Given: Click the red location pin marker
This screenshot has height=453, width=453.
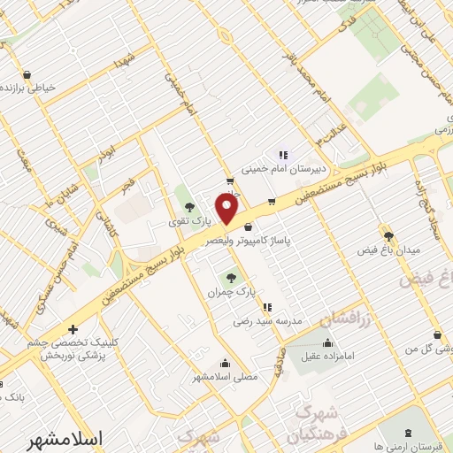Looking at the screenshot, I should coord(227,209).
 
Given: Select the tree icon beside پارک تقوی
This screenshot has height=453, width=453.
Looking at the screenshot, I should coord(188,207).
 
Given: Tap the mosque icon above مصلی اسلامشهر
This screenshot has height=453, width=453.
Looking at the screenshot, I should coord(225,363).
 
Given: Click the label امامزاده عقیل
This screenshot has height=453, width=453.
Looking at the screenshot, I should coord(328,357).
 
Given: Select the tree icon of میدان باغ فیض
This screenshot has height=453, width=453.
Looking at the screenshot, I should coord(388,235).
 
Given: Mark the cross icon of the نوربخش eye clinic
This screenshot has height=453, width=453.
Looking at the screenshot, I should coord(73,330).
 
